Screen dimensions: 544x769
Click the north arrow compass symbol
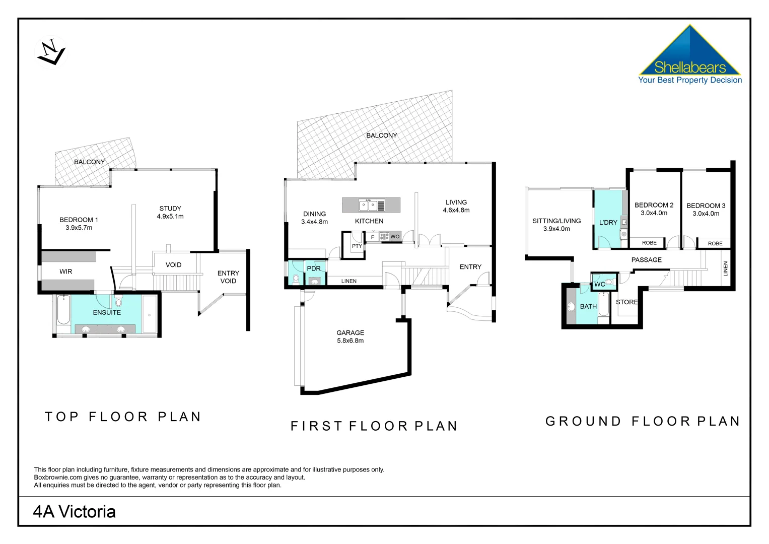tap(50, 52)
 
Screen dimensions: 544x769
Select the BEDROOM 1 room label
tap(79, 224)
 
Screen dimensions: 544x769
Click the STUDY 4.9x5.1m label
tap(170, 212)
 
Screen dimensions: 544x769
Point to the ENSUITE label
tap(107, 312)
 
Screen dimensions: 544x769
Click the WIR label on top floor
tap(65, 271)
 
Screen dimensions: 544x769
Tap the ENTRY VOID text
tap(228, 277)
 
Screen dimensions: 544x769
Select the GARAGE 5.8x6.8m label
tap(350, 336)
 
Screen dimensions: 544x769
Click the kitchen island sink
tap(368, 205)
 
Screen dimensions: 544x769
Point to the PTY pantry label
tap(357, 246)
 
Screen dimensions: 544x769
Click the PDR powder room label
tap(314, 268)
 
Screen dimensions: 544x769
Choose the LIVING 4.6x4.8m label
tap(456, 206)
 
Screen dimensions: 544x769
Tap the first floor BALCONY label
tap(381, 135)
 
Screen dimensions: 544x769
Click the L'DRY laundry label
tap(608, 222)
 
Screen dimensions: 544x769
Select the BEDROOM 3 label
tap(706, 210)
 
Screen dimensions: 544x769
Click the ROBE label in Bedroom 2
tap(649, 243)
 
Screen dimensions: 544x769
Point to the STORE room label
tap(626, 302)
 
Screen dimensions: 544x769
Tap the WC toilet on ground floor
tap(609, 283)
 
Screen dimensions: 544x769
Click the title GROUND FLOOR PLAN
tap(643, 421)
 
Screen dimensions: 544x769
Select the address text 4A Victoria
tap(74, 512)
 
